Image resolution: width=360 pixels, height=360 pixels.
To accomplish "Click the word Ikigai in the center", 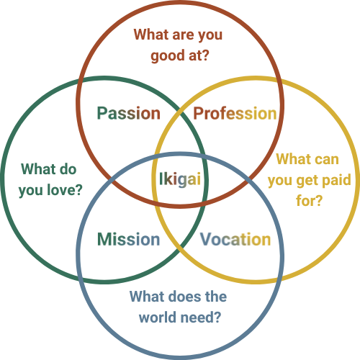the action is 180,179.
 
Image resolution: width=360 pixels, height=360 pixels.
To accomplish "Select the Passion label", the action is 129,113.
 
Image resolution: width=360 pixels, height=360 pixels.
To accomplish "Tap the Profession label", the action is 235,113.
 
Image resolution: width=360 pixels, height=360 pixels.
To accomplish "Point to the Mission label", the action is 129,239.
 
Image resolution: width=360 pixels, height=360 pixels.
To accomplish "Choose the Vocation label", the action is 235,239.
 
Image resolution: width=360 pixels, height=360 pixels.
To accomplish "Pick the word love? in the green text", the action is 65,190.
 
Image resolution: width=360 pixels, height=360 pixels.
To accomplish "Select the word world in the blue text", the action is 158,317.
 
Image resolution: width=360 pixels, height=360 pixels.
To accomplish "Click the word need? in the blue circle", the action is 201,317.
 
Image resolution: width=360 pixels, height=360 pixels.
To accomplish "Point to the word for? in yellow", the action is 309,200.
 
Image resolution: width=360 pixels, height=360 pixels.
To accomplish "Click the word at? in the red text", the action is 199,55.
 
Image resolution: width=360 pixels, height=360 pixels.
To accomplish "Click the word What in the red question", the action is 151,35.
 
